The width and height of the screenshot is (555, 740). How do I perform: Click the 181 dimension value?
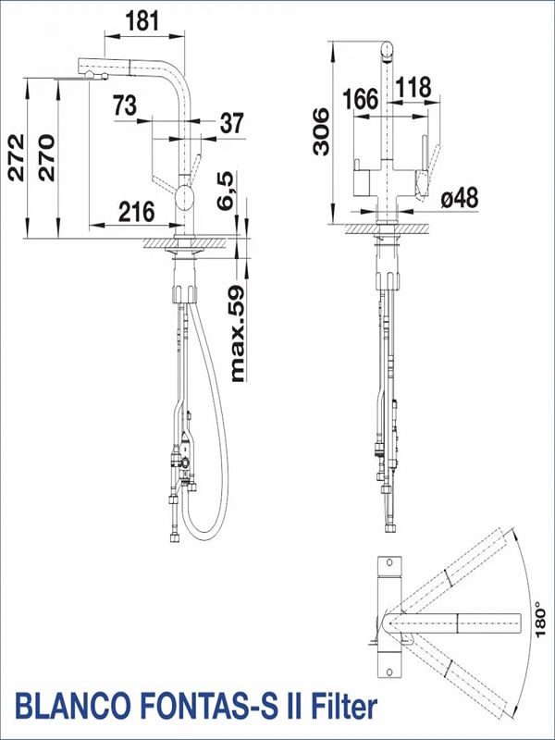coord(143,20)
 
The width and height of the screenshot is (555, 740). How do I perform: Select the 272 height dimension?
coord(17,157)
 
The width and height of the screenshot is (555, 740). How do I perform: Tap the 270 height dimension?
coord(47,157)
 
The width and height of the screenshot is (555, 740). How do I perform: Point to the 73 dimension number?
coord(125,105)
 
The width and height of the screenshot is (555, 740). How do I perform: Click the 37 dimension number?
coord(232,123)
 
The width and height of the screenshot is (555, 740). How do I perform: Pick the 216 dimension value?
coord(136,212)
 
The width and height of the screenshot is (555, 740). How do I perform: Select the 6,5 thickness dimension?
coord(225,191)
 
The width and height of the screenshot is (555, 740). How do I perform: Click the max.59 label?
coord(238,334)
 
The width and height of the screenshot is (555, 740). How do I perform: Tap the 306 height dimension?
coord(321,131)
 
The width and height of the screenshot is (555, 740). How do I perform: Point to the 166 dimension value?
coord(361,99)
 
